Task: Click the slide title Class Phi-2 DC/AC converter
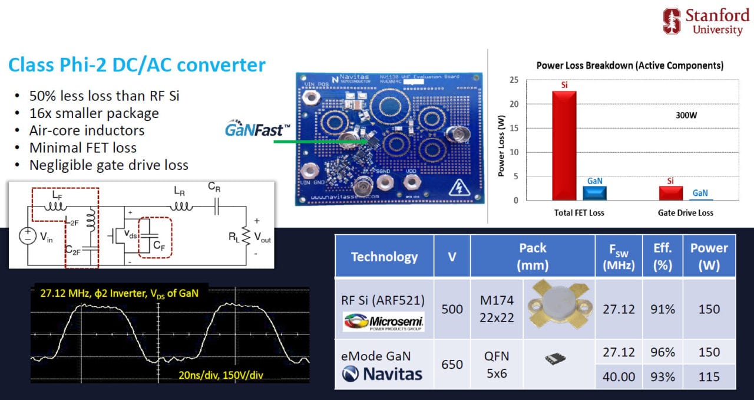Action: [x=137, y=64]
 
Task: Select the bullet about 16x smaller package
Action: [x=94, y=113]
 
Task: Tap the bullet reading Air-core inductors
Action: [x=87, y=130]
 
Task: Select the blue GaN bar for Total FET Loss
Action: [x=594, y=193]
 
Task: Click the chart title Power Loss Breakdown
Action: [x=630, y=65]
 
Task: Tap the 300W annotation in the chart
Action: [x=686, y=116]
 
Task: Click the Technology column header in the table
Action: [x=384, y=257]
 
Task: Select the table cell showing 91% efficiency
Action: [x=663, y=309]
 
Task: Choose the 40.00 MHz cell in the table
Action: [x=618, y=376]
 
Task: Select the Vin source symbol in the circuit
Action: [x=27, y=237]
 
